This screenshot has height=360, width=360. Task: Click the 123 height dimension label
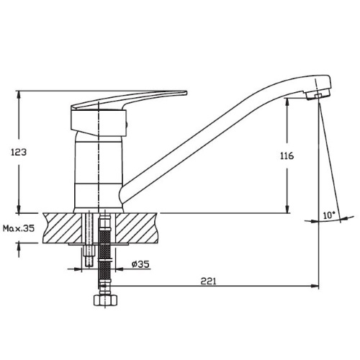[x=19, y=152]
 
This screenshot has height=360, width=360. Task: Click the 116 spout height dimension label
[x=287, y=156]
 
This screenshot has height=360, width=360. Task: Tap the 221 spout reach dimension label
[x=208, y=281]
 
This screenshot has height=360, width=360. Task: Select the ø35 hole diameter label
[x=140, y=264]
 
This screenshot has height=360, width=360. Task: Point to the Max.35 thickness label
[x=19, y=228]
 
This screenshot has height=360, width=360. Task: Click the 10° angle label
[x=329, y=215]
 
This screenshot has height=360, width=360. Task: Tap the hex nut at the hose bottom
[x=105, y=300]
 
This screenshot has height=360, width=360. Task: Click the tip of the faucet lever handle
[x=186, y=93]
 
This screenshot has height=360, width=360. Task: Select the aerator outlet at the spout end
[x=318, y=96]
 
